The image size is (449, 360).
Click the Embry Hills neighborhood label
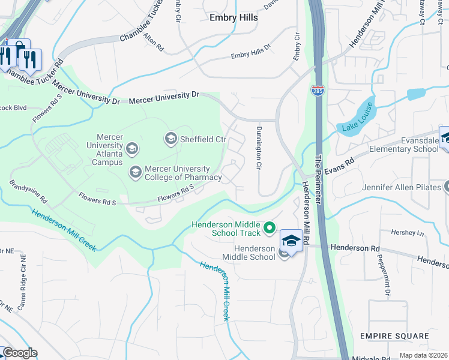(234, 17)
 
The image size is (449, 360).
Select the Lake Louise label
(358, 118)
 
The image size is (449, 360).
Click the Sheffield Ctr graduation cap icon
(170, 139)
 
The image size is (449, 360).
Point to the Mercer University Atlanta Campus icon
(131, 148)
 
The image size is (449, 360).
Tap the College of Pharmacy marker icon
(135, 173)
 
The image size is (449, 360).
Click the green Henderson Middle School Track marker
(270, 227)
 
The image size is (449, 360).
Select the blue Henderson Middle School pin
(291, 242)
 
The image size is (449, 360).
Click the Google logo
(19, 353)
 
